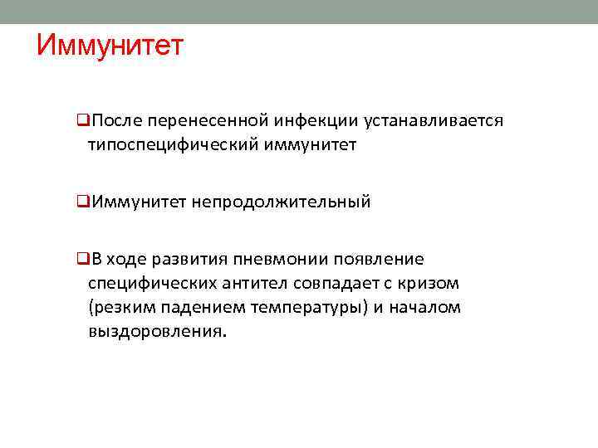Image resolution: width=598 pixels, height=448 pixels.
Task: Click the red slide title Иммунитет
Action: tap(109, 45)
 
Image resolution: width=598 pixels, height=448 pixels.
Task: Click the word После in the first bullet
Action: tap(116, 121)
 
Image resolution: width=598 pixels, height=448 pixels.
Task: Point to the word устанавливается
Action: tap(434, 121)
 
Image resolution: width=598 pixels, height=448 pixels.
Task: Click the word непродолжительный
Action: tap(282, 202)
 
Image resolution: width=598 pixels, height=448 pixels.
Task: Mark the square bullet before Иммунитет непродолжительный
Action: tap(82, 202)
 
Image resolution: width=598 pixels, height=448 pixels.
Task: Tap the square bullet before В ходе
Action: tap(82, 259)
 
